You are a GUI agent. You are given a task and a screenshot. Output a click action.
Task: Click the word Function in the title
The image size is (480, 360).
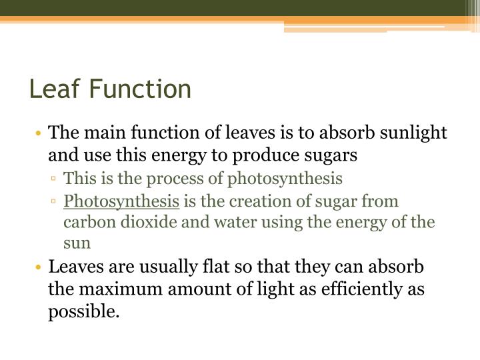140,89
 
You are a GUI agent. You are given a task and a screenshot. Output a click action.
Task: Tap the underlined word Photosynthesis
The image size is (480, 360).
121,201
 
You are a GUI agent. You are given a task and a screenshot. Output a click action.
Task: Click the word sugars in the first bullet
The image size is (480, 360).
333,155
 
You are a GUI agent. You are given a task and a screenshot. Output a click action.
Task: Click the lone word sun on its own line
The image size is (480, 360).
77,243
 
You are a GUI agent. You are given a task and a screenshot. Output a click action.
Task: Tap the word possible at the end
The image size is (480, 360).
83,311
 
